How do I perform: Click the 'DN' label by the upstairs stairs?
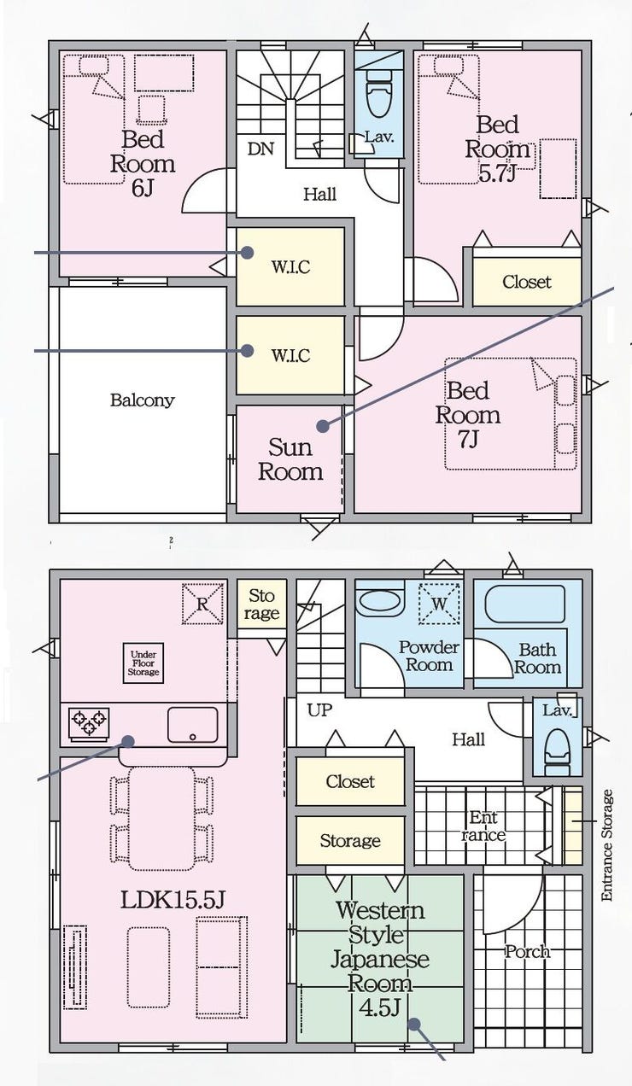coord(261,149)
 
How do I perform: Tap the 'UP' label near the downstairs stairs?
coord(319,710)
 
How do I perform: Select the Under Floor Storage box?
coord(143,663)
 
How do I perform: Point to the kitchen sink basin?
coord(192,724)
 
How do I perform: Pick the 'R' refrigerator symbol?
coord(202,604)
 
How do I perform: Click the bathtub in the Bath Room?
coord(524,604)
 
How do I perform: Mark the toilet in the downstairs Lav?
coord(558,747)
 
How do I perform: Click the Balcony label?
coord(142,400)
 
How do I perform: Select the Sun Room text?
coord(290,459)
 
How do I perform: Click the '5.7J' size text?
coord(497,173)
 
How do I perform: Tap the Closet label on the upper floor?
coord(527,282)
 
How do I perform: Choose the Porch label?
coord(527,951)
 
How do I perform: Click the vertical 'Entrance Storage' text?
coord(607,845)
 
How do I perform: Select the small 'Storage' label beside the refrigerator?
coord(261,604)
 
